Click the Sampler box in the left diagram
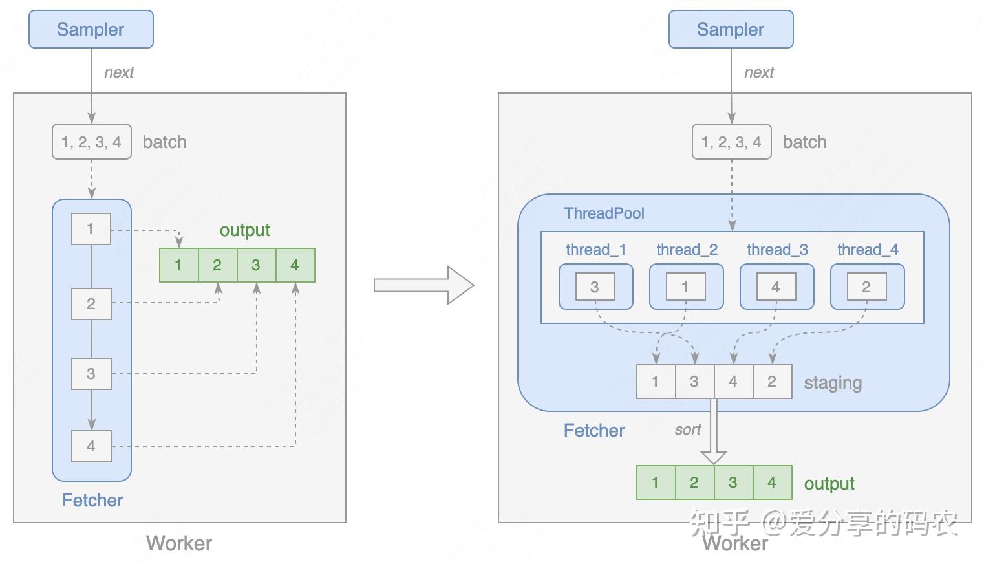(x=91, y=29)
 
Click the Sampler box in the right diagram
(x=731, y=29)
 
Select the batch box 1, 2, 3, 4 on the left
(x=91, y=142)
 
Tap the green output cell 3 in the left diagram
(x=256, y=265)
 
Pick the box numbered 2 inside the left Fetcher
(x=91, y=304)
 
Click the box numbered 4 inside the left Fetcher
(x=91, y=446)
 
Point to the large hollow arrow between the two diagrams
(x=424, y=285)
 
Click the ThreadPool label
(x=604, y=213)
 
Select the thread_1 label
(x=595, y=250)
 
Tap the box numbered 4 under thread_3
(x=776, y=287)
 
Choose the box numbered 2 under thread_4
(x=866, y=287)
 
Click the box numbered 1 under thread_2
(x=685, y=287)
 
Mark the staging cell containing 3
(x=694, y=382)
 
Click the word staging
(x=833, y=383)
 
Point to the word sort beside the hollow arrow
(x=687, y=430)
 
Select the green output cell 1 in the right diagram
(x=656, y=483)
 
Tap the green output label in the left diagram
(x=244, y=230)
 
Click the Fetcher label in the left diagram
(x=92, y=500)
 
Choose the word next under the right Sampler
(x=758, y=72)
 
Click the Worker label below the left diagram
(x=179, y=543)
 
